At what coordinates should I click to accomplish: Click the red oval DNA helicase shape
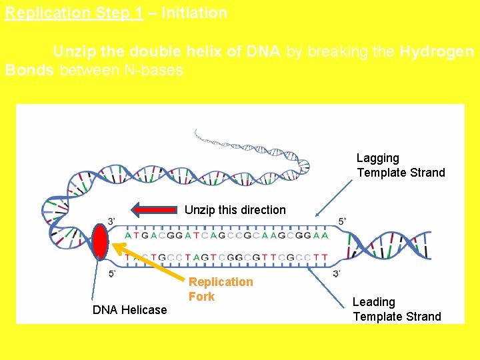point(101,241)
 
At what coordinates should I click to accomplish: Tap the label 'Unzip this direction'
point(235,210)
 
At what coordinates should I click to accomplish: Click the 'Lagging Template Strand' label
point(400,165)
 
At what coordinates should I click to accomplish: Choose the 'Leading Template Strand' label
point(397,309)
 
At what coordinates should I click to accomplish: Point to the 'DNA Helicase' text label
point(129,309)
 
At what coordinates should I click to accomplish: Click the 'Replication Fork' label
point(221,289)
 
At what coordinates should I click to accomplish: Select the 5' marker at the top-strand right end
point(342,221)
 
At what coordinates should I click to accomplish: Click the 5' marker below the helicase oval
point(113,273)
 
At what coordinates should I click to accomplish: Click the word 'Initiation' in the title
point(194,13)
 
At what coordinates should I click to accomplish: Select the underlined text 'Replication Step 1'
point(74,13)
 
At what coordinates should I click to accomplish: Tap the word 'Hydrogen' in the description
point(437,52)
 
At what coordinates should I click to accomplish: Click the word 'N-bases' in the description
point(155,70)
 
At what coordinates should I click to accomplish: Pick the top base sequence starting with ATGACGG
point(226,235)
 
